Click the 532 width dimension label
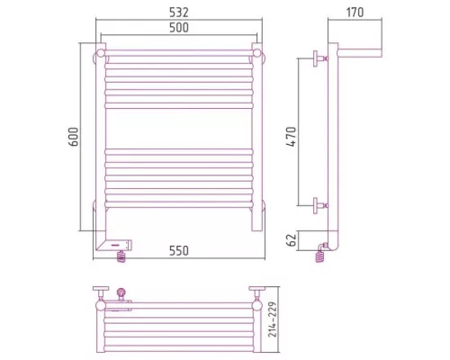click(179, 13)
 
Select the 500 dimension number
click(179, 27)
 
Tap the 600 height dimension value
click(74, 137)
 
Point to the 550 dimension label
click(179, 250)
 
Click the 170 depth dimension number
click(355, 13)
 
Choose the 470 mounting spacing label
click(291, 137)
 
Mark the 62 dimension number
click(292, 240)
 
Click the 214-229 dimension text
click(273, 319)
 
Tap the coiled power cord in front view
click(121, 256)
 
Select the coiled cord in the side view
click(319, 257)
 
